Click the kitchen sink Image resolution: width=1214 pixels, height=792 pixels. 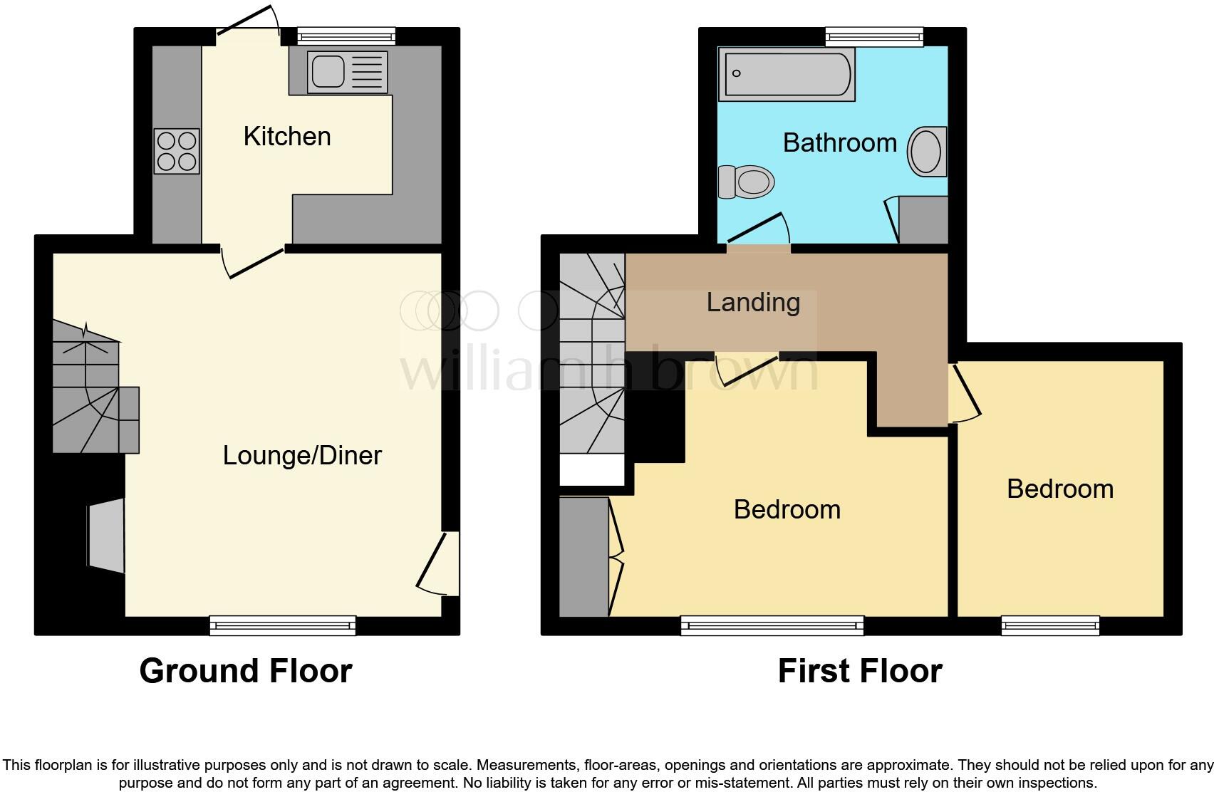coord(347,72)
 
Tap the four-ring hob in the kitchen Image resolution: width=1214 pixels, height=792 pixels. coord(177,151)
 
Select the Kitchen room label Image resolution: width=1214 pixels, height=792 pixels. coord(287,136)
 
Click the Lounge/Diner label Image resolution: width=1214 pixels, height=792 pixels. coord(302,455)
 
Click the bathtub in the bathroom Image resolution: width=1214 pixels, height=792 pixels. coord(787,74)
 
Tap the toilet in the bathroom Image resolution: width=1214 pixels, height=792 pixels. coord(747,182)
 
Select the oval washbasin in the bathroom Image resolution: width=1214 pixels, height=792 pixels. coord(926,151)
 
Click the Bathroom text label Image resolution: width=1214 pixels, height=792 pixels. coord(839,142)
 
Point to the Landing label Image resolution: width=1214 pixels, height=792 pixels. coord(753,302)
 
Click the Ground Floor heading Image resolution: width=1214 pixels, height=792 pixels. coord(246,671)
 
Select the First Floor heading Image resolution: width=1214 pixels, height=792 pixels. coord(859,671)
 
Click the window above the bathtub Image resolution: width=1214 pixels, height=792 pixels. coord(874,36)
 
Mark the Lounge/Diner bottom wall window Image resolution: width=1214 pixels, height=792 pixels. coord(282,625)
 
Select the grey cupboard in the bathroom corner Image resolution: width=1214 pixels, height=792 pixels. coord(923,220)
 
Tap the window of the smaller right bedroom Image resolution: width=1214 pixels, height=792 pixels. coord(1050,625)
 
